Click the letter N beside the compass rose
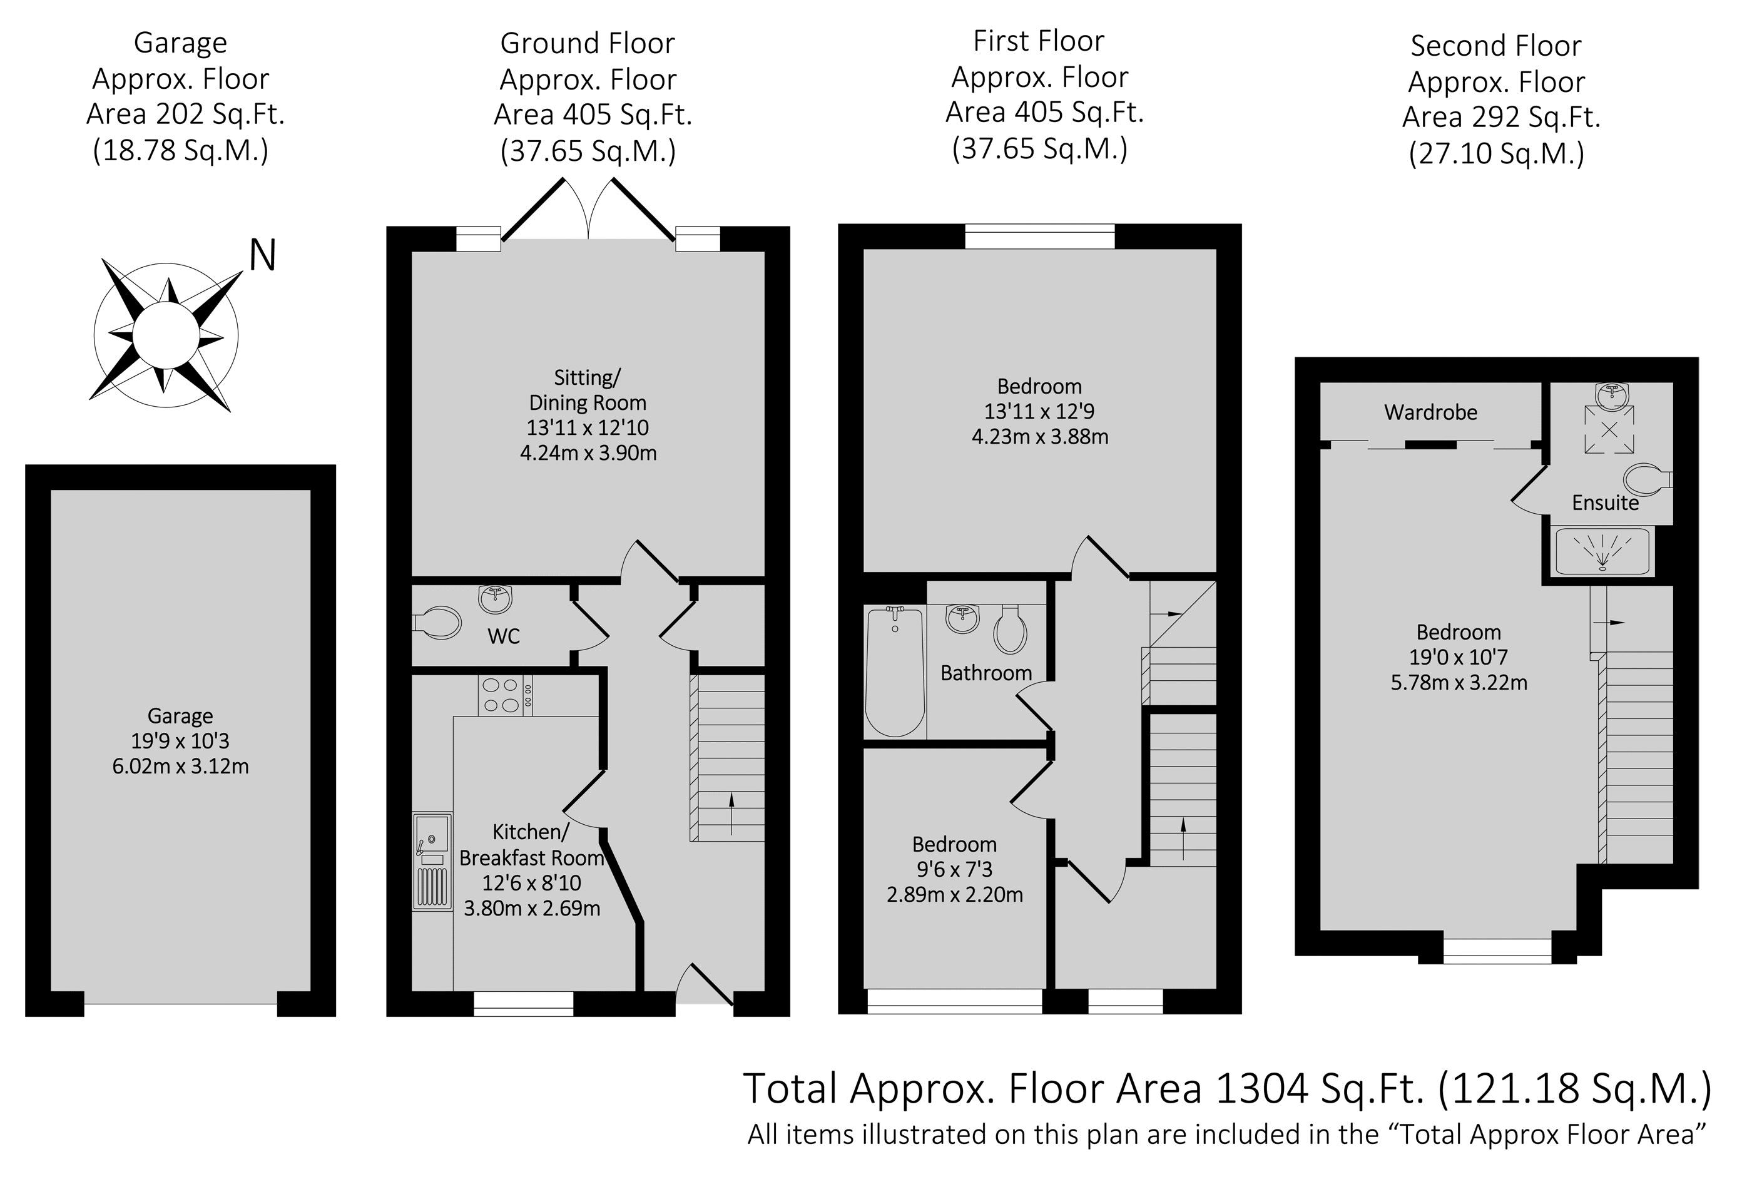pos(262,255)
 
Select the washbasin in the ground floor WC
pos(496,598)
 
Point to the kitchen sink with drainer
pos(432,861)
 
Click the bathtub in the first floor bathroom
pos(895,671)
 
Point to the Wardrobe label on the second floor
pos(1430,412)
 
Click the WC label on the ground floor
pos(504,636)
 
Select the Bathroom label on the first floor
pos(986,673)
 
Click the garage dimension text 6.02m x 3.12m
pos(181,766)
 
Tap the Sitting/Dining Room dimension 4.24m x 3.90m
pos(588,452)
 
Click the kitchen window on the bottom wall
pos(524,1004)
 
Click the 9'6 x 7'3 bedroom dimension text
pos(954,869)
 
